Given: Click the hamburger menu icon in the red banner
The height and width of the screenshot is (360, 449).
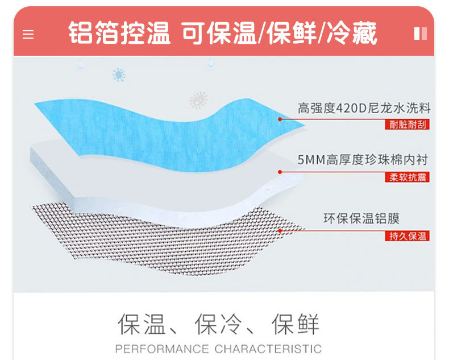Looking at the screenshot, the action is click(x=28, y=34).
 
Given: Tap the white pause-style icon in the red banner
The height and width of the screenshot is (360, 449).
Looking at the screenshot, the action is click(x=420, y=34).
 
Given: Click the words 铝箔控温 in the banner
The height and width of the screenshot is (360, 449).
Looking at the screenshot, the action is click(x=119, y=33).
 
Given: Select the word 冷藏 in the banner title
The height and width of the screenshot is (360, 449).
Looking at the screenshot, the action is click(x=355, y=33).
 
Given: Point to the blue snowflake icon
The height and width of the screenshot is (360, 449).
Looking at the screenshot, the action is click(x=119, y=75).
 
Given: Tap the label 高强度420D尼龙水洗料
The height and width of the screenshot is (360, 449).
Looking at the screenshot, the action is click(x=364, y=108).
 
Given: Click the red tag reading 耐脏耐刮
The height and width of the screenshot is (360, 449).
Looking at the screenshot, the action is click(x=408, y=125).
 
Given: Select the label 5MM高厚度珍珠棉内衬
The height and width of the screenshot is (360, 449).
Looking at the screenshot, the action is click(x=363, y=160).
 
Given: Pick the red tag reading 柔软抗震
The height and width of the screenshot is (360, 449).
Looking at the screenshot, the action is click(x=408, y=177).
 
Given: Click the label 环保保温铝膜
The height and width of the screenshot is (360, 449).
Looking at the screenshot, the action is click(x=361, y=218).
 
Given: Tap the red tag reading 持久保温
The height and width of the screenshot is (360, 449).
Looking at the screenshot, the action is click(x=408, y=235).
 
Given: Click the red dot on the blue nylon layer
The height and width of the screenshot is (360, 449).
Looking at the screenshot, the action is click(x=280, y=119).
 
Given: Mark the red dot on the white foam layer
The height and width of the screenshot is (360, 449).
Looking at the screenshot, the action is click(x=280, y=172).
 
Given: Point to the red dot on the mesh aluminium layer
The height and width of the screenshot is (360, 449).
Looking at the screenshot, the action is click(x=280, y=230).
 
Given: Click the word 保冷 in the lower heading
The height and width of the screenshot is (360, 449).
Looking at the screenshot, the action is click(x=218, y=324).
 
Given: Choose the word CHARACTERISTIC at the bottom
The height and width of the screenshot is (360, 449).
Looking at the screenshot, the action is click(x=268, y=349).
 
